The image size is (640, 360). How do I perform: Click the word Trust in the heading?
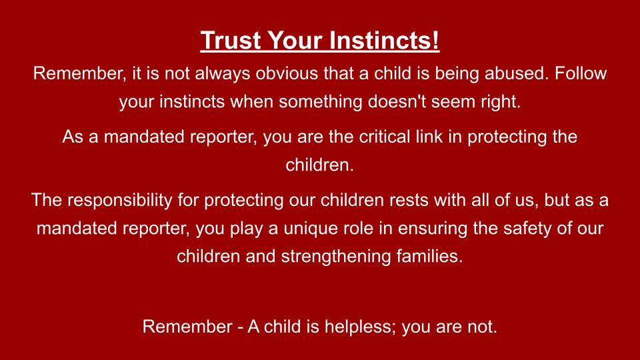[231, 40]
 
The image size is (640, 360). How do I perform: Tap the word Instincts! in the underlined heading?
[384, 40]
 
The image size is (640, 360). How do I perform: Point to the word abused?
[517, 73]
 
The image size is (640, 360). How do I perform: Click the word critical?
[385, 137]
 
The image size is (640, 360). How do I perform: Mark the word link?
[429, 137]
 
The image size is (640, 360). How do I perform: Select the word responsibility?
[119, 201]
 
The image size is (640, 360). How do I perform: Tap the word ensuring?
[433, 229]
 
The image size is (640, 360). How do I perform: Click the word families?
[430, 256]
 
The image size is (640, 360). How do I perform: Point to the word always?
[223, 74]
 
